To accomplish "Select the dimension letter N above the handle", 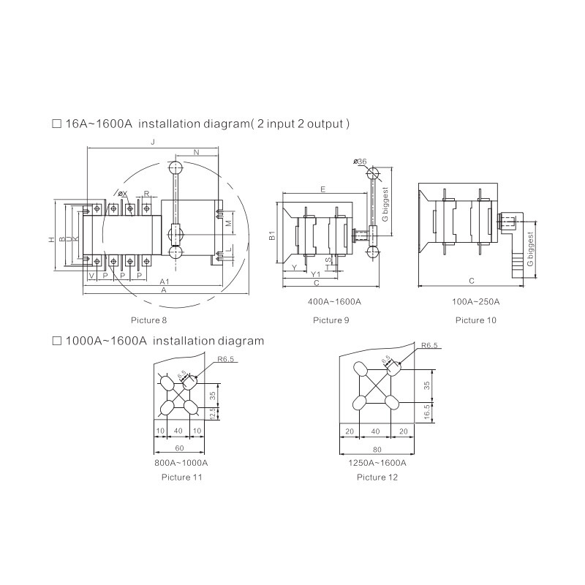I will (197, 152).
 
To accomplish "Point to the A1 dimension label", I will (165, 282).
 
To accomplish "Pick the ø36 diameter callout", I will (359, 161).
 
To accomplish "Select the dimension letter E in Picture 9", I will (322, 189).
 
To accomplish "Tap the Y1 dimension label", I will (316, 275).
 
